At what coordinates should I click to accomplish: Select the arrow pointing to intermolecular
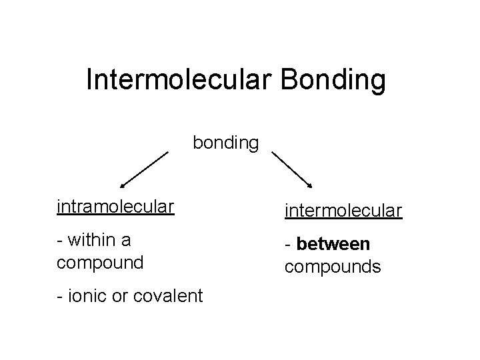pyautogui.click(x=293, y=171)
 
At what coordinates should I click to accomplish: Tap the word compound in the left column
pyautogui.click(x=101, y=262)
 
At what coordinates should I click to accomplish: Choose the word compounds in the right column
pyautogui.click(x=333, y=267)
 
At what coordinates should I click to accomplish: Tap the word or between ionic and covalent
pyautogui.click(x=122, y=295)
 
